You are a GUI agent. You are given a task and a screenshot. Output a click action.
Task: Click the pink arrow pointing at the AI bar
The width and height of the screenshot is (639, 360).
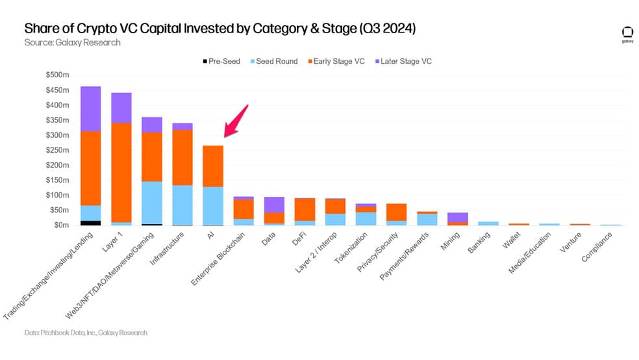[236, 122]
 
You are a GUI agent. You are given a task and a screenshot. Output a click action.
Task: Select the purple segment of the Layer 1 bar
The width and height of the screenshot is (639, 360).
[121, 108]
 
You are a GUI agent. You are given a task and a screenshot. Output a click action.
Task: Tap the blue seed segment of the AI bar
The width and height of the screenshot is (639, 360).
[213, 206]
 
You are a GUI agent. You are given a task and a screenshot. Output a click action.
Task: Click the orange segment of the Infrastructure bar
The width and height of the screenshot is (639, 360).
[182, 157]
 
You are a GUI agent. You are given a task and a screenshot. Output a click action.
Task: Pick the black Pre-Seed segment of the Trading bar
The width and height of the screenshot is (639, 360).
[90, 223]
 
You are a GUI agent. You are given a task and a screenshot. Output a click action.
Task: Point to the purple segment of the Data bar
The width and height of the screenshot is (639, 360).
[274, 205]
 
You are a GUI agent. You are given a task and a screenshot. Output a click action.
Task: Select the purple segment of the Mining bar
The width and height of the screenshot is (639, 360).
[458, 217]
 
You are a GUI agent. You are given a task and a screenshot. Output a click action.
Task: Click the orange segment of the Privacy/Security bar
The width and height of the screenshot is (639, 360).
[397, 212]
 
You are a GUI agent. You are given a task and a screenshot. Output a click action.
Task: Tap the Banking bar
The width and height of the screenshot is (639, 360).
[488, 224]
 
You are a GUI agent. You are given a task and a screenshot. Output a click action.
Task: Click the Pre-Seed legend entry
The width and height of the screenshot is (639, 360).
[221, 61]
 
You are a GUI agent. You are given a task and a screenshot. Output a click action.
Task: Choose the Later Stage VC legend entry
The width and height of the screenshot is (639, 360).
[403, 61]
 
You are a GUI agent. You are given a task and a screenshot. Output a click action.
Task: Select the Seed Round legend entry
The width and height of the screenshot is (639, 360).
[274, 61]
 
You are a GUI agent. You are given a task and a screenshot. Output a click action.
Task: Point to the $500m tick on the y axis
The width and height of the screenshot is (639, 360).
[57, 75]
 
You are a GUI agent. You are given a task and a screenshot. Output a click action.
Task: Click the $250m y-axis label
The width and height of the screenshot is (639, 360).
[57, 150]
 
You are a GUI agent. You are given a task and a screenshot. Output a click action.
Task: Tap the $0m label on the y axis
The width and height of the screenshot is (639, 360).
[62, 225]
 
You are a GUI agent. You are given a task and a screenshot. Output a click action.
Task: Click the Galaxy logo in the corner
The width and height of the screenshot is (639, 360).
[627, 34]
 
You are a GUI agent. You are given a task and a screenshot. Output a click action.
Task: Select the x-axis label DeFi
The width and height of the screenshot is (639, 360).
[299, 239]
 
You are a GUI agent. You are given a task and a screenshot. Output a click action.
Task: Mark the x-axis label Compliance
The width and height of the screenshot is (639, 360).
[597, 247]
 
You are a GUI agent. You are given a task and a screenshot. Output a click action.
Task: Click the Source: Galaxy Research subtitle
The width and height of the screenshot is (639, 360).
[73, 42]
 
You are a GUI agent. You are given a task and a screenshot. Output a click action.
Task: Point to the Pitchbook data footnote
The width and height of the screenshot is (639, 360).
[86, 333]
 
